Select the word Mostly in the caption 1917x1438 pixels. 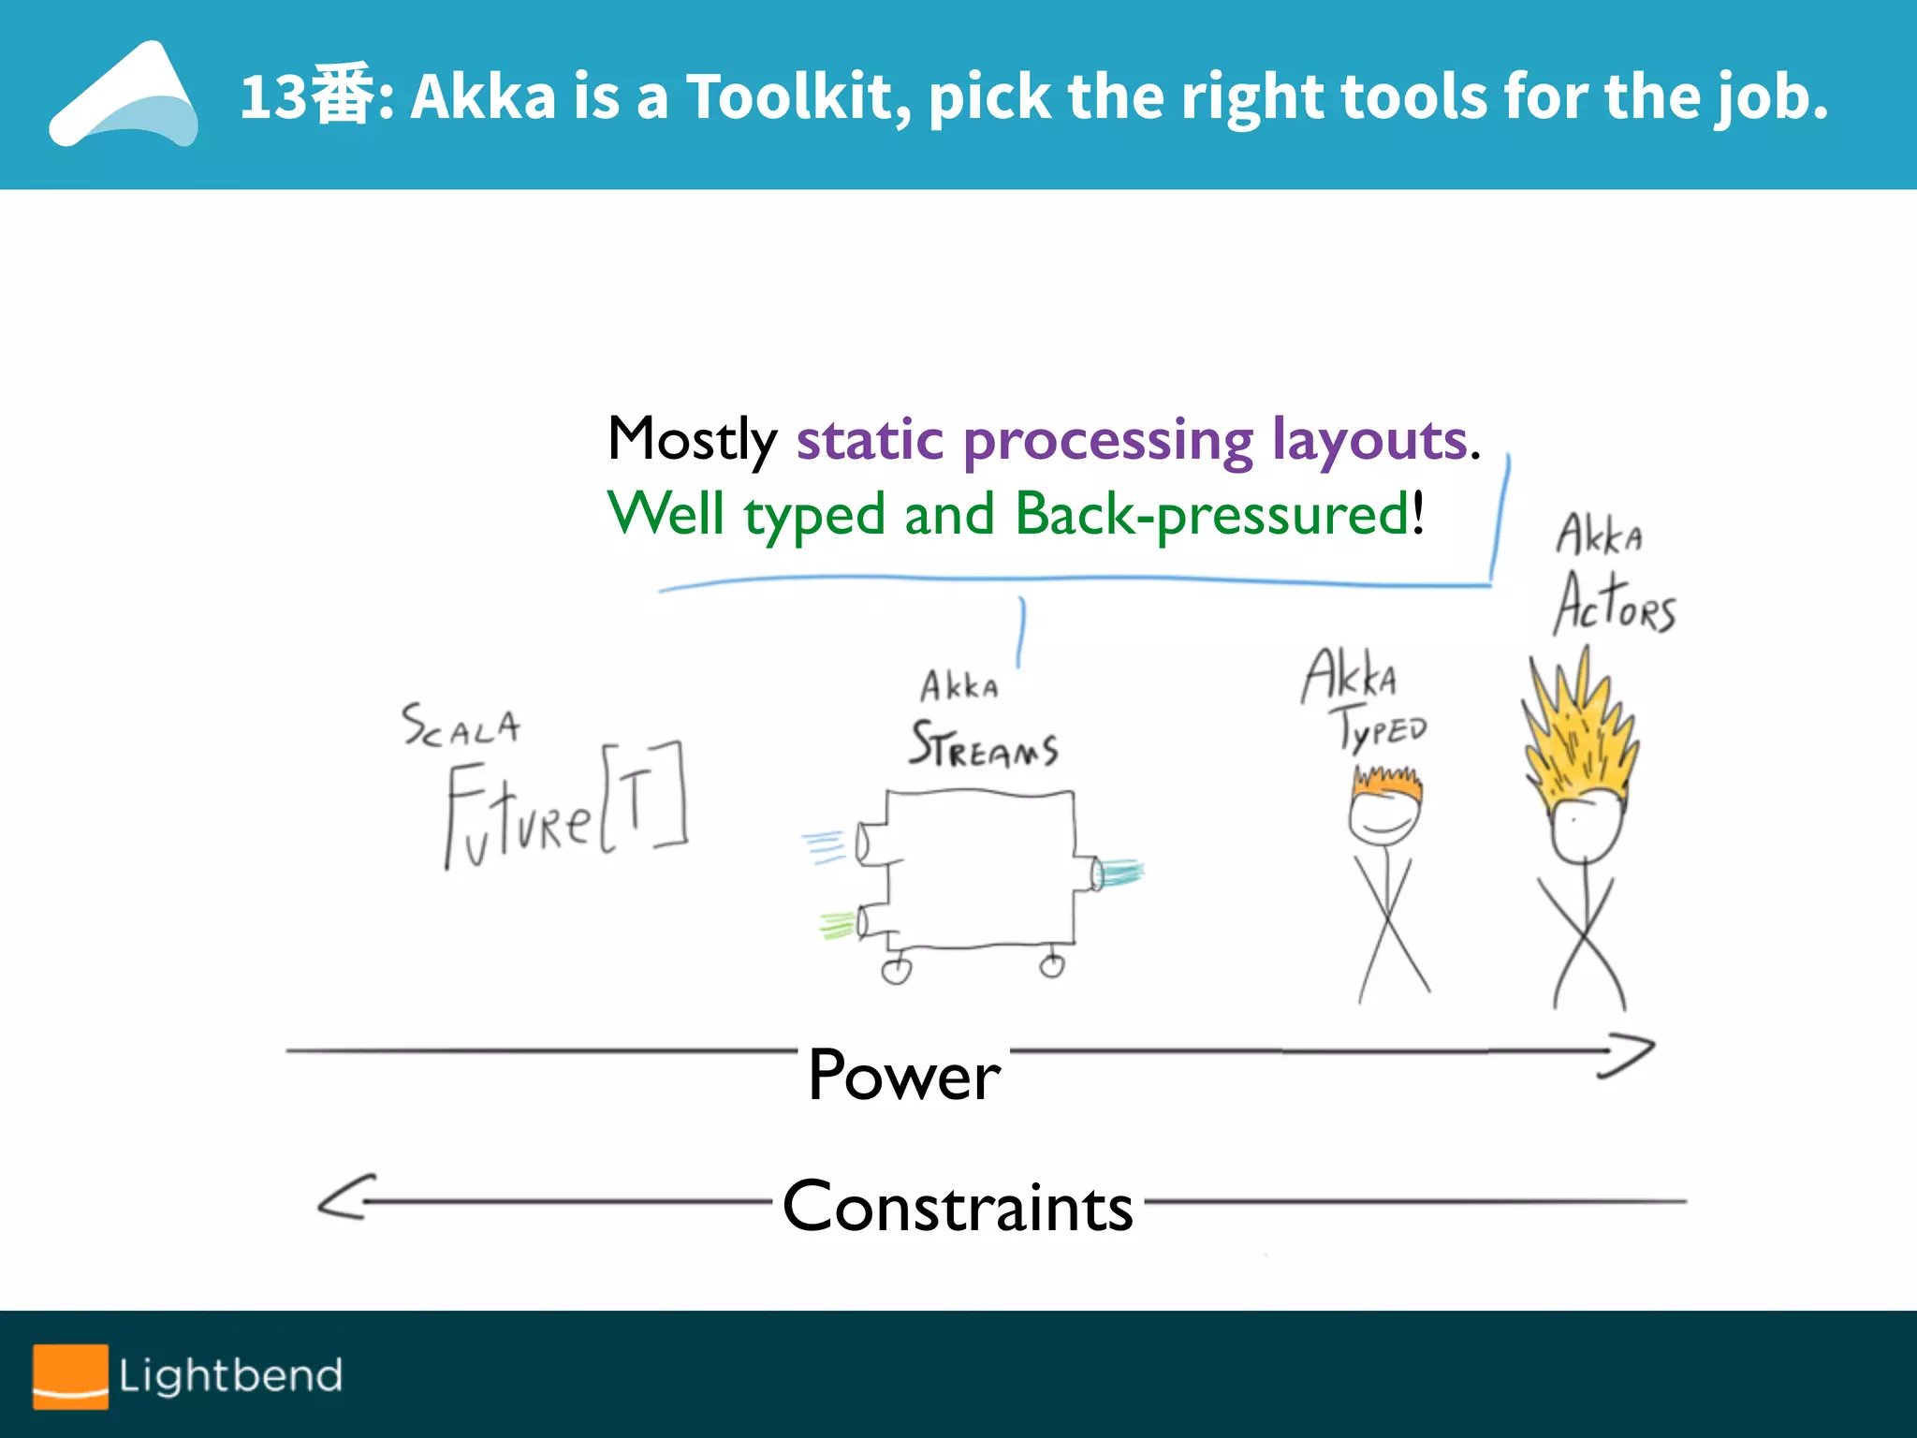[x=692, y=439]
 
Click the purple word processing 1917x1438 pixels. [x=1108, y=442]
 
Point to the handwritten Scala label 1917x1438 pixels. [x=461, y=726]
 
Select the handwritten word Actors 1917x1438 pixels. [x=1614, y=604]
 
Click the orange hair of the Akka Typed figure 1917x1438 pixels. [x=1386, y=783]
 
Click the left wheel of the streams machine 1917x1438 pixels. [x=896, y=972]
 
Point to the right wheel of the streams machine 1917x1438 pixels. [x=1052, y=966]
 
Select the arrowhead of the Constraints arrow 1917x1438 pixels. [x=344, y=1198]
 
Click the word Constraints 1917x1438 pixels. [x=958, y=1206]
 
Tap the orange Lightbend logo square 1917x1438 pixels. [x=70, y=1375]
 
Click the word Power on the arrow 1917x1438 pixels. [x=903, y=1075]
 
